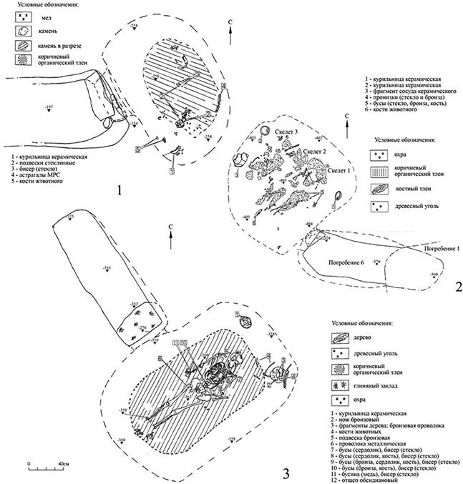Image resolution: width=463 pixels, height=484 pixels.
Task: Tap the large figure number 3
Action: coord(286,472)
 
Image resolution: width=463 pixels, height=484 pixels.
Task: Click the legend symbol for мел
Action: coord(26,16)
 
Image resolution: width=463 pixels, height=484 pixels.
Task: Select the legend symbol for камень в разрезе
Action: coord(26,46)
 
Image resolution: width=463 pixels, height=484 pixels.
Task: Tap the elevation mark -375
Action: coord(70,216)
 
